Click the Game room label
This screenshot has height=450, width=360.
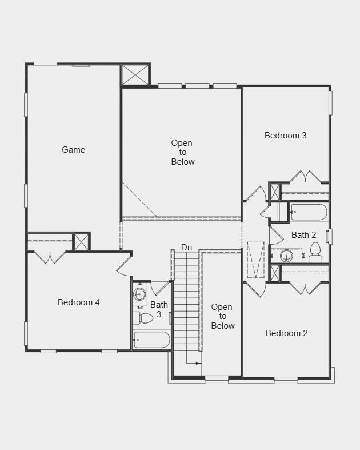74,150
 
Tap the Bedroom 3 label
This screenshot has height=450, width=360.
286,136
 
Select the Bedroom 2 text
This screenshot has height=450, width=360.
287,333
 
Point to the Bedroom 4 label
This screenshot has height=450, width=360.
79,302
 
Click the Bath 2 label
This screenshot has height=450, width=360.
303,235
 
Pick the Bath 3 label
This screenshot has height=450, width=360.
159,309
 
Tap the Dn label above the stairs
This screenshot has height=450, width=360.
187,247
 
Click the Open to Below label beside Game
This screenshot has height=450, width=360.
182,152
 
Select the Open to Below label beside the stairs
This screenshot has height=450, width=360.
222,316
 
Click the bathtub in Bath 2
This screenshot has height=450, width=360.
309,212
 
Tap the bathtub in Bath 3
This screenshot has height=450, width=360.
151,340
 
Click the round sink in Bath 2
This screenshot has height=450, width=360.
287,256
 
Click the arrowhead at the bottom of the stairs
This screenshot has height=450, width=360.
198,363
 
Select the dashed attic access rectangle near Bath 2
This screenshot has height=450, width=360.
256,260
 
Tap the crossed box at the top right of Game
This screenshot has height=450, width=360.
135,75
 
